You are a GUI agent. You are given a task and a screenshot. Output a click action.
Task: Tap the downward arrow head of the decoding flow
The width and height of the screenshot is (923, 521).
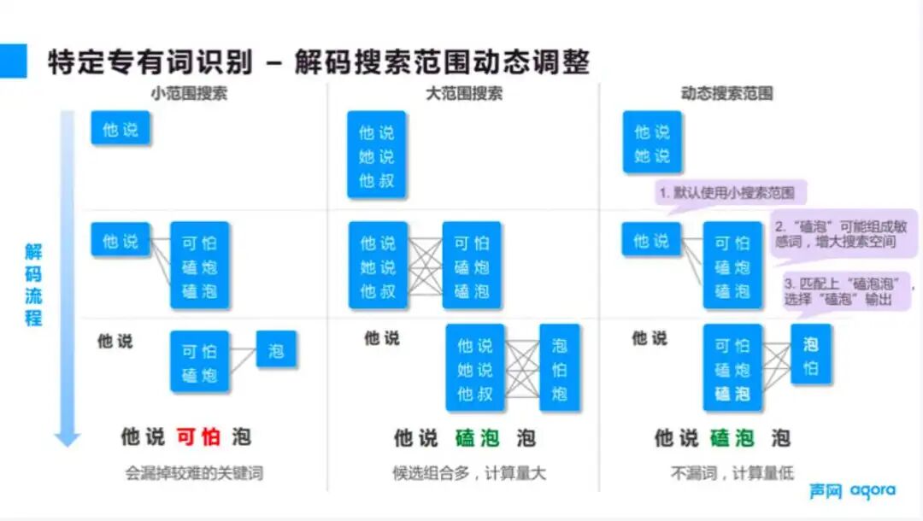click(67, 438)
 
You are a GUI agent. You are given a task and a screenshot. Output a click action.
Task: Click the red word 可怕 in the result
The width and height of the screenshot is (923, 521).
click(198, 437)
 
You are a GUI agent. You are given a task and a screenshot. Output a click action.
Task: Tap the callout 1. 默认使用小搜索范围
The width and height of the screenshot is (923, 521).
click(731, 193)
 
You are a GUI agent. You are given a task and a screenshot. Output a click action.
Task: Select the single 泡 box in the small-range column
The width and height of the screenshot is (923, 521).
click(276, 350)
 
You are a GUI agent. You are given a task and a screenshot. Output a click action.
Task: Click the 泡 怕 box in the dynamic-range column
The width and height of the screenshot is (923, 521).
click(810, 356)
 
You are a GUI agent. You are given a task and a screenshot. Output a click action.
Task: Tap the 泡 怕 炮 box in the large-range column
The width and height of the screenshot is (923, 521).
click(559, 369)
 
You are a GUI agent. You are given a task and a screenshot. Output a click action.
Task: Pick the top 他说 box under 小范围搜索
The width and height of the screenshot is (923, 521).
click(121, 130)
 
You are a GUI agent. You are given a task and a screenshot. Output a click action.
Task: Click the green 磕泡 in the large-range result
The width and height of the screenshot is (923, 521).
click(465, 438)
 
